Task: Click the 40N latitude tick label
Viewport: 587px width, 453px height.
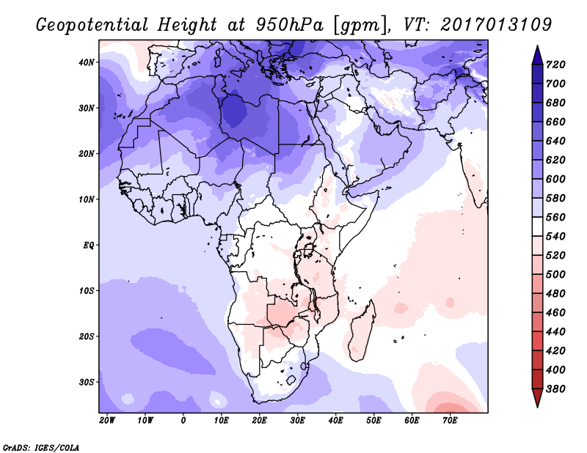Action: coord(86,62)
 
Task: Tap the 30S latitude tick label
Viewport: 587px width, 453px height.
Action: coord(86,382)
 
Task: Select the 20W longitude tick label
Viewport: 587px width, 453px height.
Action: coord(107,420)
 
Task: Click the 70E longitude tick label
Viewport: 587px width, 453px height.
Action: coord(450,420)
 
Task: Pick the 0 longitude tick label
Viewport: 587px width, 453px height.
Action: coord(183,420)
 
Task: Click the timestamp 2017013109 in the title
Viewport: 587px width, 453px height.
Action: coord(496,24)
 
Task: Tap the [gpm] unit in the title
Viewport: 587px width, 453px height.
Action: coord(360,24)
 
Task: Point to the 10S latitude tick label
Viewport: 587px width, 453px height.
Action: coord(86,291)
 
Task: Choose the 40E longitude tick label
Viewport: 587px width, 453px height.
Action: coord(336,420)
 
